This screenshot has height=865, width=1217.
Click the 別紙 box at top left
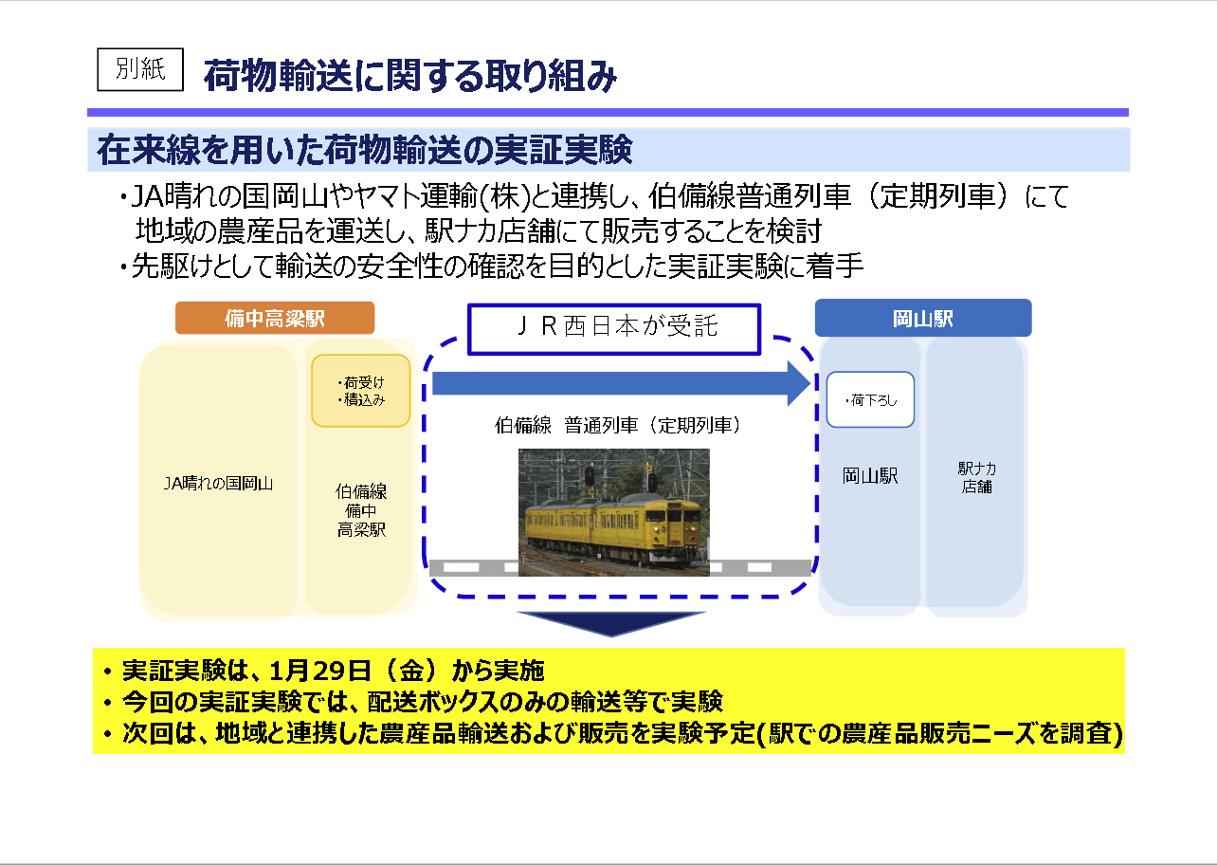click(140, 69)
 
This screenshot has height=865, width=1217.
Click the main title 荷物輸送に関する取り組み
click(410, 75)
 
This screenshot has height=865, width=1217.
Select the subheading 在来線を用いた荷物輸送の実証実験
click(365, 150)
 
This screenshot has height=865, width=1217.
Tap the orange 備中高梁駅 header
click(275, 318)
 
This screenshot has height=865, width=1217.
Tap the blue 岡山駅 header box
click(923, 318)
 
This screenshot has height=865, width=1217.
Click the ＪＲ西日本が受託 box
click(614, 329)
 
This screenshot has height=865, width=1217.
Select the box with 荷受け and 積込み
click(361, 391)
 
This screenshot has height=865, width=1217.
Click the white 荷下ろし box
click(870, 399)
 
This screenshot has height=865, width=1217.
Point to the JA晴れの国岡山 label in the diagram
click(218, 483)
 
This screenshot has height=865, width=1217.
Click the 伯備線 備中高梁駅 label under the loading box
click(361, 510)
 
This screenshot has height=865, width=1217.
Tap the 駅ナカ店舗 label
click(976, 477)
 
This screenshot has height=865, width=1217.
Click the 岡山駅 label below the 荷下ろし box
click(870, 476)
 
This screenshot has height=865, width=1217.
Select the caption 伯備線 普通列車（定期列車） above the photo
click(617, 425)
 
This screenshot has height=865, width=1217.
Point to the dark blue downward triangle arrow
click(611, 623)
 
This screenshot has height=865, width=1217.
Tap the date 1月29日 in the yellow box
click(320, 671)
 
